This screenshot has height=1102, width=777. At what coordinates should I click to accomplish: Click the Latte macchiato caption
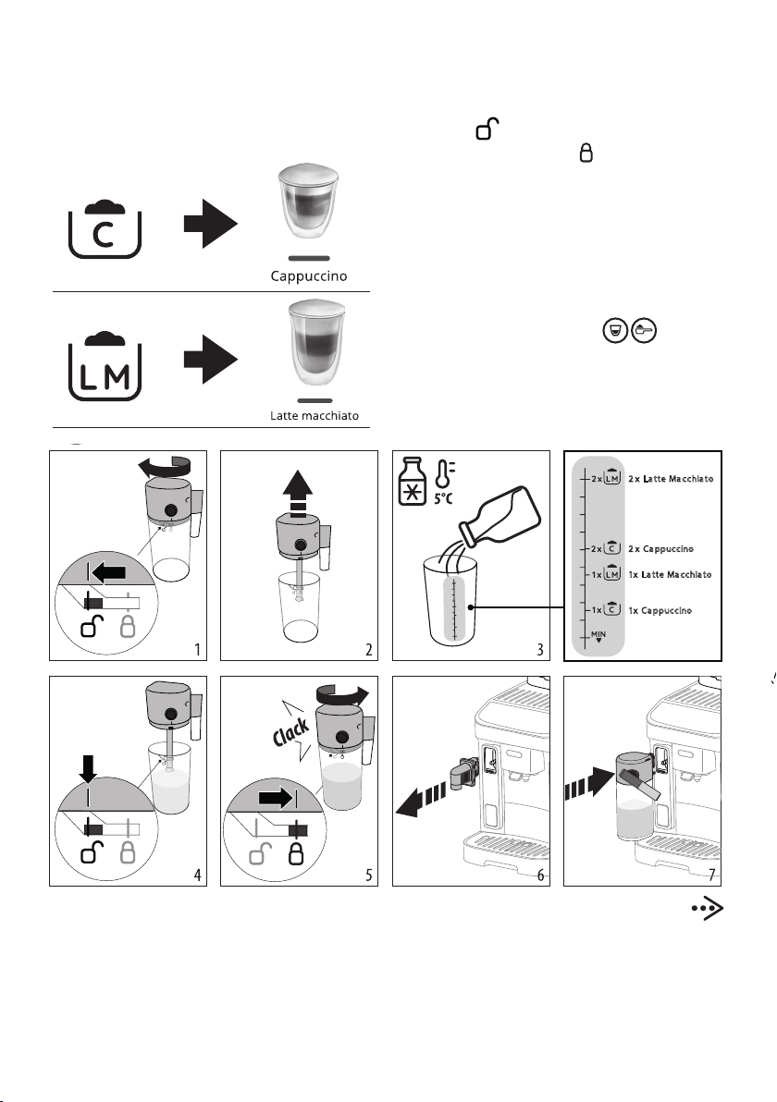314,416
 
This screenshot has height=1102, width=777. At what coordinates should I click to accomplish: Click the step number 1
198,650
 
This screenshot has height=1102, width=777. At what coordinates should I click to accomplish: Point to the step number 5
369,875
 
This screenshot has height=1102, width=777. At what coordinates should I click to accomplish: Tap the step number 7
712,875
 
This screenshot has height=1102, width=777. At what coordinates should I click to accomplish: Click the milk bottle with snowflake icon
410,482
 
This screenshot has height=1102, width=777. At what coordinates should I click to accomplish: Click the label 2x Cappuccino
661,548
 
